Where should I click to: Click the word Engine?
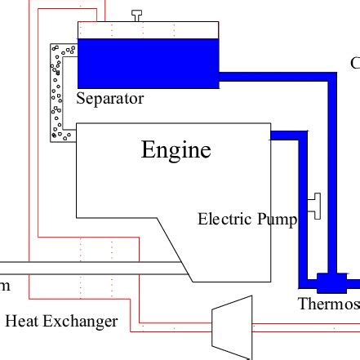point(176,150)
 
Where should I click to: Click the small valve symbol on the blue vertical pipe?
point(314,204)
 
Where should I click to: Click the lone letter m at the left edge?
point(4,285)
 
